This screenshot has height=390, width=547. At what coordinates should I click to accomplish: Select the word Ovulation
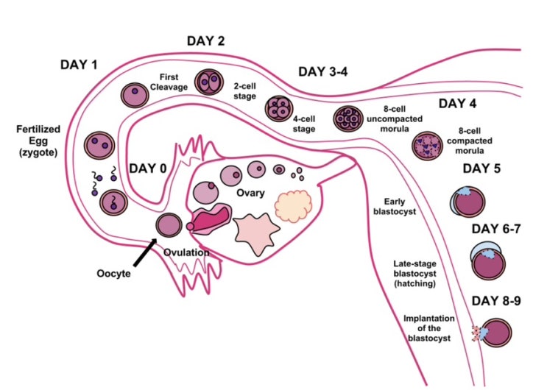pos(187,253)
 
